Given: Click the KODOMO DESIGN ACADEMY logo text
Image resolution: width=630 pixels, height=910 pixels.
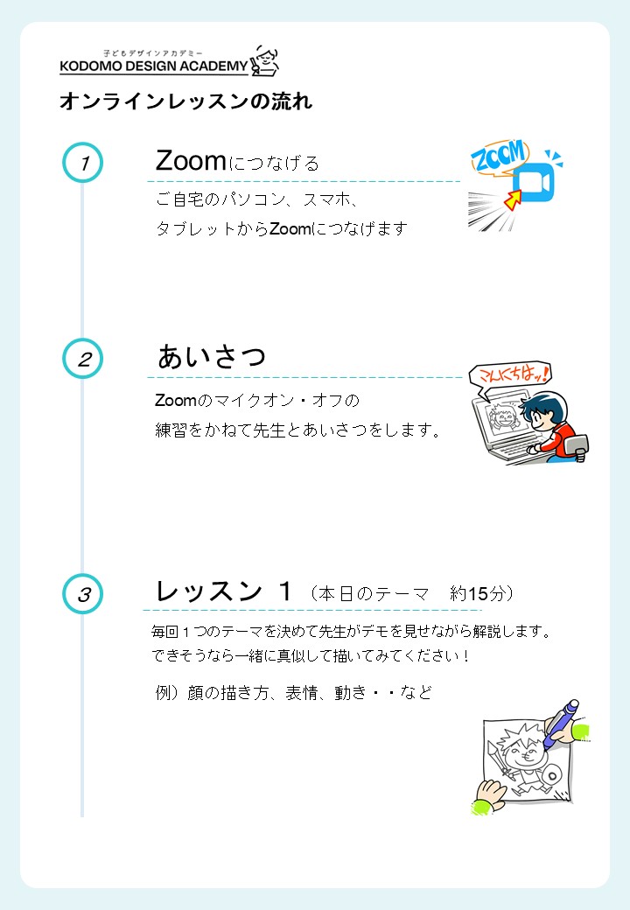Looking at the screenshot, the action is tap(154, 66).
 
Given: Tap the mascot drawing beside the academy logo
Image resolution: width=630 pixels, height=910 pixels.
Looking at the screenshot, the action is tap(264, 61).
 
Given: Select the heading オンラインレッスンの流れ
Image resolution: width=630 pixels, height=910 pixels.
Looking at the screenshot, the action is tap(186, 101).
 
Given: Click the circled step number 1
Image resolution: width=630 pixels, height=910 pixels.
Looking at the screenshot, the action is tap(83, 163).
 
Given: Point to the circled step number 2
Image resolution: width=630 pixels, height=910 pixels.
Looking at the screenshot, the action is tap(83, 359).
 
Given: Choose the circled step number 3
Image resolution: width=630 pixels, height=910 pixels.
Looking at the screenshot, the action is tap(83, 594).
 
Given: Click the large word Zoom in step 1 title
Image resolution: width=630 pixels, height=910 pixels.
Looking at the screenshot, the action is tap(191, 161).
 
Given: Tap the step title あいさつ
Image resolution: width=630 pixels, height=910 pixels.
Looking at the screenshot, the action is tap(212, 356).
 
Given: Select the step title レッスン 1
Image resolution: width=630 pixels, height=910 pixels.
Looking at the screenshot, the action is tap(223, 591).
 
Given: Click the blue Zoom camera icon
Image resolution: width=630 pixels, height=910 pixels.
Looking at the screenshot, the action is tap(534, 182).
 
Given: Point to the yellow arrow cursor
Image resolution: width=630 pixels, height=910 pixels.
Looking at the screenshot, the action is tap(513, 199).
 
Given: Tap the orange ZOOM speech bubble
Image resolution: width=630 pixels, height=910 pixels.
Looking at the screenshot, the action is tap(500, 156).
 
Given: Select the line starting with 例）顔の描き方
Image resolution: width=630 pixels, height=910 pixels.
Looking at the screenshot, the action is tap(293, 692).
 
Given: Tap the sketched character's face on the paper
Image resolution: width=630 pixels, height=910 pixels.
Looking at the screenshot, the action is tap(522, 752).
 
